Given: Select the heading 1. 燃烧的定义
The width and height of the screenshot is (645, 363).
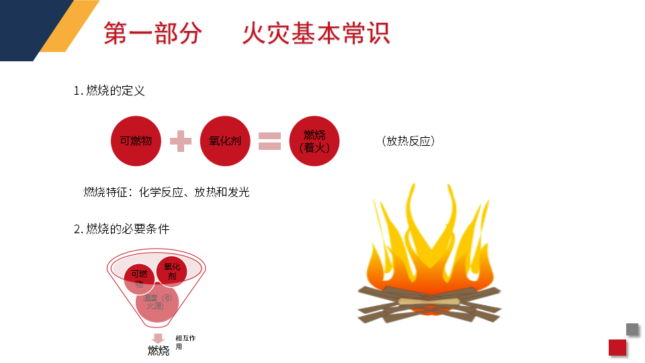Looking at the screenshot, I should tap(109, 91).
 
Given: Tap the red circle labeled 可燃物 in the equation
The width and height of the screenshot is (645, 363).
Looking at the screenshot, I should tap(136, 141).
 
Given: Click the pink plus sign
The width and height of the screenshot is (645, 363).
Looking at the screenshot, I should tap(180, 141).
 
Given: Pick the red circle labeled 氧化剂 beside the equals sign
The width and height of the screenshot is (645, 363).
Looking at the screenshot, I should tap(225, 141).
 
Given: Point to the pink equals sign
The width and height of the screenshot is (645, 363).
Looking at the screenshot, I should tap(269, 141).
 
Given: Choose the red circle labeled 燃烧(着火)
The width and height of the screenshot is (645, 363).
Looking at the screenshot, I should tap(314, 142).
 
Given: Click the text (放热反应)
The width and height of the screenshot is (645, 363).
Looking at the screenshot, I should tap(408, 141).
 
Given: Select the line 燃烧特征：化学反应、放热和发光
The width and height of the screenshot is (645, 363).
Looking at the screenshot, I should tap(166, 192).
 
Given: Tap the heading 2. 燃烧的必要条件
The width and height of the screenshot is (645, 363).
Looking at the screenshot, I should tap(122, 229).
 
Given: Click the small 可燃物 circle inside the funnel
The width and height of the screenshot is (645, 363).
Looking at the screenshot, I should tap(140, 278).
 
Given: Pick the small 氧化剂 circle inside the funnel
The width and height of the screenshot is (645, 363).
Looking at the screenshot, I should tap(171, 272).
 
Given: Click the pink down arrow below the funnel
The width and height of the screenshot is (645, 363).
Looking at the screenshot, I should tap(159, 338).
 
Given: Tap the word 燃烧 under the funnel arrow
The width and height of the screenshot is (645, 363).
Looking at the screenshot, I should tap(159, 351).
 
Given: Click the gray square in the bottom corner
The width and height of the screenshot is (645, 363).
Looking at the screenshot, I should tap(632, 329).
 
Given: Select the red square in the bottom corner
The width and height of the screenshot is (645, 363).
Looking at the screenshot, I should tap(617, 347).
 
